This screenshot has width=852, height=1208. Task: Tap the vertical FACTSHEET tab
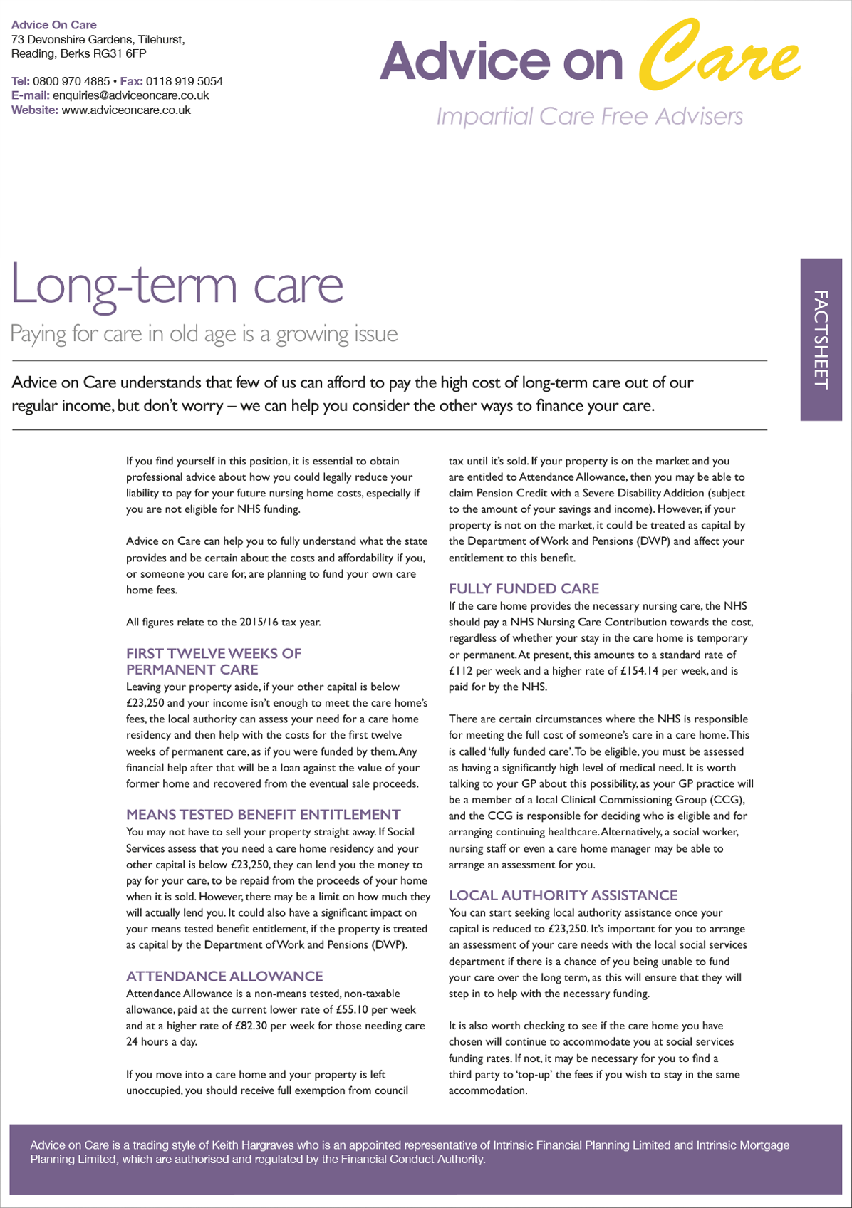click(821, 339)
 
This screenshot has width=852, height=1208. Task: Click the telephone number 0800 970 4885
click(71, 81)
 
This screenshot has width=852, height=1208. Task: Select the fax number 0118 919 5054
click(185, 81)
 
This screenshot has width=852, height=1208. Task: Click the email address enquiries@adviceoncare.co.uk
click(131, 95)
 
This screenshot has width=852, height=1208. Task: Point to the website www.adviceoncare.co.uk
click(126, 110)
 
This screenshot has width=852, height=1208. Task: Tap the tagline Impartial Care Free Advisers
click(589, 116)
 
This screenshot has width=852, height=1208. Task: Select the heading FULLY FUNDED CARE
click(524, 588)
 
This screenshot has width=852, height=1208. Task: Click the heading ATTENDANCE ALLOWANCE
click(224, 976)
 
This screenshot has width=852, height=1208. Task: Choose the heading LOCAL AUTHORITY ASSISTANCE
click(563, 895)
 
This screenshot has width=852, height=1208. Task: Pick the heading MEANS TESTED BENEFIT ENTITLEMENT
click(263, 814)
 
